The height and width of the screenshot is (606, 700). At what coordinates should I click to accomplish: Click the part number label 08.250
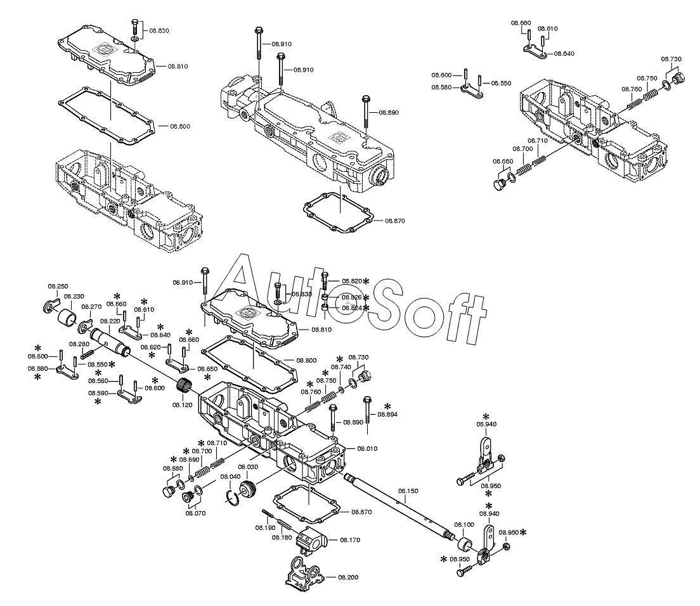tap(58, 287)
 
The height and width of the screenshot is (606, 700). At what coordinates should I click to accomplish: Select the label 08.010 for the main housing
tap(367, 448)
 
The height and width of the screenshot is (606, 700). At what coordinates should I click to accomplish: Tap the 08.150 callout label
tap(408, 491)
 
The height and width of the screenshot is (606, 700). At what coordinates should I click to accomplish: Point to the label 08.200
tap(348, 577)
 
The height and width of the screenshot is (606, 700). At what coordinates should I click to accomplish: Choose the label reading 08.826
tap(351, 297)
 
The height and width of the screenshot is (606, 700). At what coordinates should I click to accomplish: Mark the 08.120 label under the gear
tap(182, 404)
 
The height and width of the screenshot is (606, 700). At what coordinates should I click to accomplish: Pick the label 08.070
tap(195, 513)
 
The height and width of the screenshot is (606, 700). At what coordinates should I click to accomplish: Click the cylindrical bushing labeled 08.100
tap(465, 544)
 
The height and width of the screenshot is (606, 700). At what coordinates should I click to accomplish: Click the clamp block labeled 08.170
tap(312, 539)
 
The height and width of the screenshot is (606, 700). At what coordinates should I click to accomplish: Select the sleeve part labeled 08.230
tap(68, 316)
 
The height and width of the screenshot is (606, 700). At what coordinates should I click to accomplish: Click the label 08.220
tap(110, 321)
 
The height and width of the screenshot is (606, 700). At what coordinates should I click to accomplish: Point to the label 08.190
tap(265, 527)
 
